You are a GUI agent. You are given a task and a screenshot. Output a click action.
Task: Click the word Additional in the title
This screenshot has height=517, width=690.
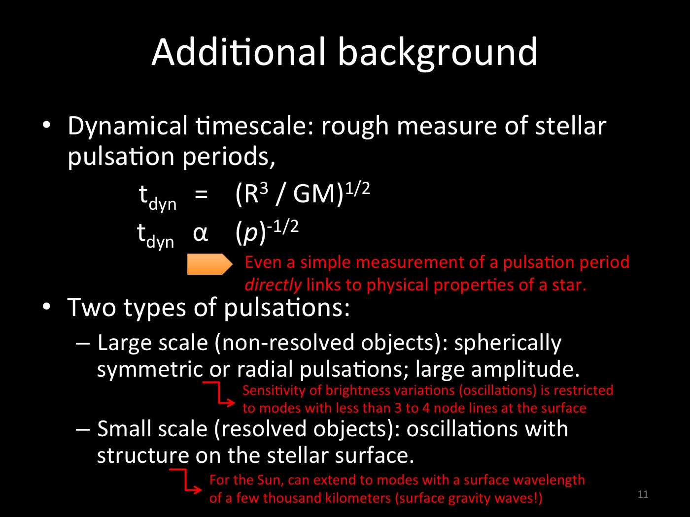point(238,52)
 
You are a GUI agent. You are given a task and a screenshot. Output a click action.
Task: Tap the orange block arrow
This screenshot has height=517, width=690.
point(209,264)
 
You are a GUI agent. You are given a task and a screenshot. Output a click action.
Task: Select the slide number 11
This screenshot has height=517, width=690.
point(643,494)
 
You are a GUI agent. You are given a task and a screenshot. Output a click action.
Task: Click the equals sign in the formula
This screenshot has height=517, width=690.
point(201,194)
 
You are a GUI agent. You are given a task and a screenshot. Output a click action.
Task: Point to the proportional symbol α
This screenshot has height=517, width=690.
point(200,233)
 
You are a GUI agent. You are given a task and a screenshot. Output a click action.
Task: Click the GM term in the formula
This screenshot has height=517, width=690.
point(314,194)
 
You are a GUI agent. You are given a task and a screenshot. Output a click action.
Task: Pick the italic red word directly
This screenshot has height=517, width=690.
point(273,285)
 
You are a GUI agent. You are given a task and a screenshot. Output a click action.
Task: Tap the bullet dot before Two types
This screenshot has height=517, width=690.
point(46,306)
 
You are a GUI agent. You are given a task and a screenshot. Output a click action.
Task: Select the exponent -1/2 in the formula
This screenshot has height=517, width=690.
point(283,226)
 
